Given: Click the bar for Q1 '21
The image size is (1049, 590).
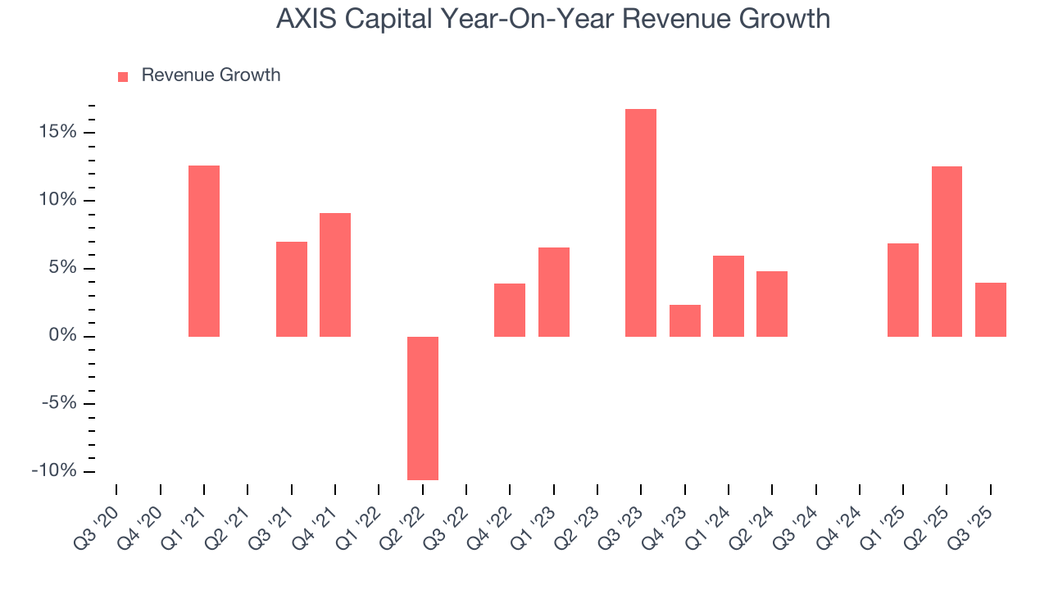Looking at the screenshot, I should click(x=204, y=251).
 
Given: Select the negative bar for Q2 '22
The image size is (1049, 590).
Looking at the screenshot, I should click(x=423, y=408).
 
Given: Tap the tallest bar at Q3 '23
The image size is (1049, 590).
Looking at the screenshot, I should click(x=641, y=223).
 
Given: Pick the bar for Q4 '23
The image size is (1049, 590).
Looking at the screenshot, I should click(x=685, y=320).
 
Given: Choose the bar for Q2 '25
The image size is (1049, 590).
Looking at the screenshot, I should click(x=947, y=252).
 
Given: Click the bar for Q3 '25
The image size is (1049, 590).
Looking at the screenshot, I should click(x=991, y=310).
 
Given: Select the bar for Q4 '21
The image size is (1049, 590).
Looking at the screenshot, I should click(x=335, y=275).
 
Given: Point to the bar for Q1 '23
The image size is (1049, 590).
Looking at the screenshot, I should click(x=554, y=292).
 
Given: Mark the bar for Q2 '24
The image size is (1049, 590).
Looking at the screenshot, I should click(x=772, y=304).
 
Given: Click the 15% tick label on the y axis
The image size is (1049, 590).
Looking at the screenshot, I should click(x=57, y=133).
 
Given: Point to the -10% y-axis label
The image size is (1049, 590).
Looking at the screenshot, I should click(x=54, y=471).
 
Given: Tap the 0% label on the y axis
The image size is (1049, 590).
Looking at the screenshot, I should click(x=62, y=336).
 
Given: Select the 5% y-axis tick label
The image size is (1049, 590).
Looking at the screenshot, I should click(x=62, y=268).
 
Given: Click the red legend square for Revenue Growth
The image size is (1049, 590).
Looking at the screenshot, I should click(x=123, y=76).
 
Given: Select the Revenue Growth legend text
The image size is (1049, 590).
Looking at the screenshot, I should click(x=211, y=75).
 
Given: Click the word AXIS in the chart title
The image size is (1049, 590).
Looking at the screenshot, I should click(x=305, y=19).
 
